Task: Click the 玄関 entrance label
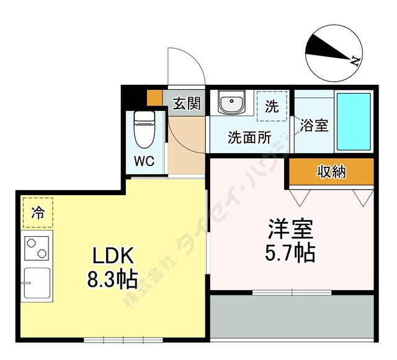tap(187, 103)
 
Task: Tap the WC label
tap(145, 161)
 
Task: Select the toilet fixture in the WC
tap(145, 130)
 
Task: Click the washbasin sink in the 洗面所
tap(231, 102)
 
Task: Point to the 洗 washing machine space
tap(272, 106)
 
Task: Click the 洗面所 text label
tap(249, 138)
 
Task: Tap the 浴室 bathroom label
tap(314, 125)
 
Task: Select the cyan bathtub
tap(354, 121)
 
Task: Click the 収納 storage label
tap(332, 172)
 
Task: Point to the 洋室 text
tap(291, 229)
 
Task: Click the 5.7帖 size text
tap(290, 253)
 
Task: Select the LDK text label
tap(113, 256)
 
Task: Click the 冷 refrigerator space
tap(38, 213)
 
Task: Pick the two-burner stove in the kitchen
tap(37, 248)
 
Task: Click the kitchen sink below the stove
tap(37, 283)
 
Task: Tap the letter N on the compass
tap(355, 61)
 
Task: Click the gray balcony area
tap(292, 316)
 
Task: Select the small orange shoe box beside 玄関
tap(154, 98)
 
